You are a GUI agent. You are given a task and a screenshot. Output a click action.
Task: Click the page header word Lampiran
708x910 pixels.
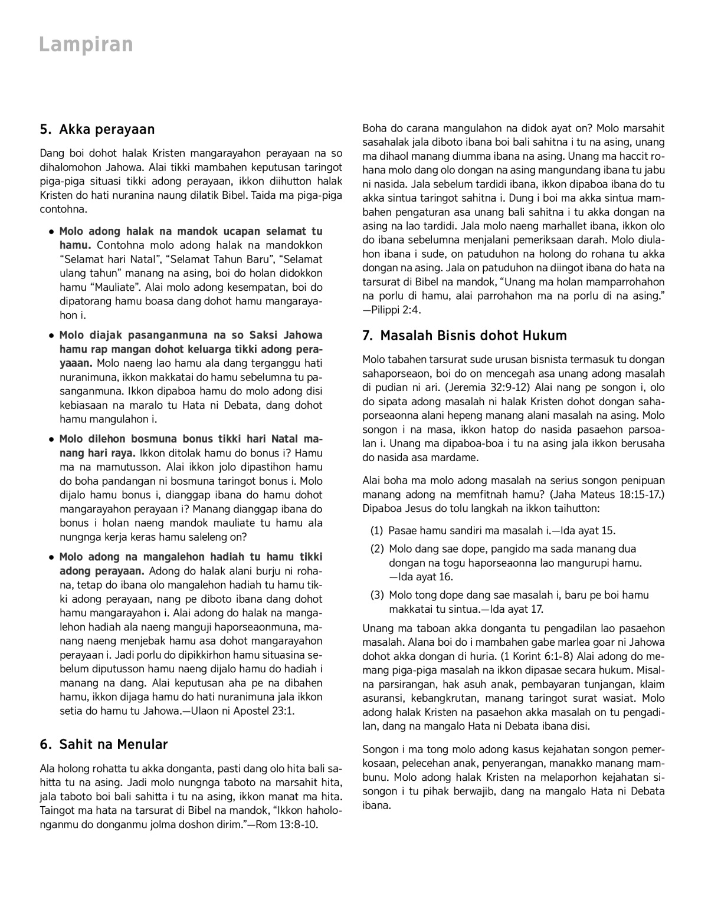(86, 45)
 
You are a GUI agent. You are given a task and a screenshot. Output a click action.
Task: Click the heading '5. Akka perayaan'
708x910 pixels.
(97, 129)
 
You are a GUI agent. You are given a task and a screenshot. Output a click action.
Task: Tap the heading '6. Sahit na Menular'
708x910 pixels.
(104, 744)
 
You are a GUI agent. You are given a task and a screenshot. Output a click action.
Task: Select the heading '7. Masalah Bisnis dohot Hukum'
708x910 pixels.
(464, 336)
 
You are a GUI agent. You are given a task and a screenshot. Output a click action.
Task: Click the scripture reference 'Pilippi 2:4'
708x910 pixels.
(396, 310)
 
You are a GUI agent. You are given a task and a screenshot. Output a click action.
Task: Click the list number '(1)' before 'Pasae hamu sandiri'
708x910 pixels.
(377, 530)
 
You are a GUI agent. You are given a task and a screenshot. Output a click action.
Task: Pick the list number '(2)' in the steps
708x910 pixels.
(377, 549)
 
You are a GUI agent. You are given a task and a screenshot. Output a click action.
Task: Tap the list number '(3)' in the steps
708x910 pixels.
(377, 595)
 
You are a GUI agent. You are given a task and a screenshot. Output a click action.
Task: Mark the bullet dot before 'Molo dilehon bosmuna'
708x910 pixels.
(53, 439)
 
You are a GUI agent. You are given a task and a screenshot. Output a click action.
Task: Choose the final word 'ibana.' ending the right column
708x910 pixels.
(376, 805)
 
